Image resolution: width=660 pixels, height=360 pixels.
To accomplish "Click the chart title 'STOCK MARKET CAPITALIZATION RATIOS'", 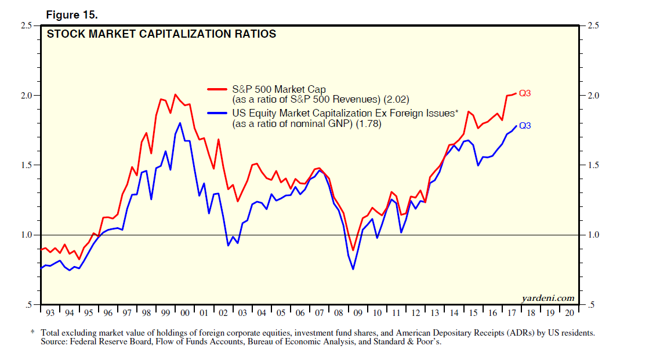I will click(x=161, y=34).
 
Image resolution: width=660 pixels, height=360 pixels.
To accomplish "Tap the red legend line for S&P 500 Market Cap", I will click(x=219, y=89).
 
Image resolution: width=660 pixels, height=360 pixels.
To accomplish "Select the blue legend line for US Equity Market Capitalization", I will click(x=219, y=114).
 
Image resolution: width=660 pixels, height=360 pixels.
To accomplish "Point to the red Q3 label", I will click(x=525, y=93).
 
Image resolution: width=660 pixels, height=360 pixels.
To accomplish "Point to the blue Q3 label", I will click(x=525, y=125).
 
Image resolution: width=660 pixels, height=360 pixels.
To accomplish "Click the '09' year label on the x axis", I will click(x=357, y=313).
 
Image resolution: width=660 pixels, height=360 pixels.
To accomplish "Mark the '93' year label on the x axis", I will click(x=50, y=313).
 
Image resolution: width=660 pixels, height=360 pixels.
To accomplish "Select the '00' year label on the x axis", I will click(x=185, y=313).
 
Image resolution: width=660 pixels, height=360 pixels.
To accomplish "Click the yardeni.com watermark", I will click(x=548, y=299).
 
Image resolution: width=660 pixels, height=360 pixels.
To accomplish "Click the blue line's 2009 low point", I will click(x=353, y=269).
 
